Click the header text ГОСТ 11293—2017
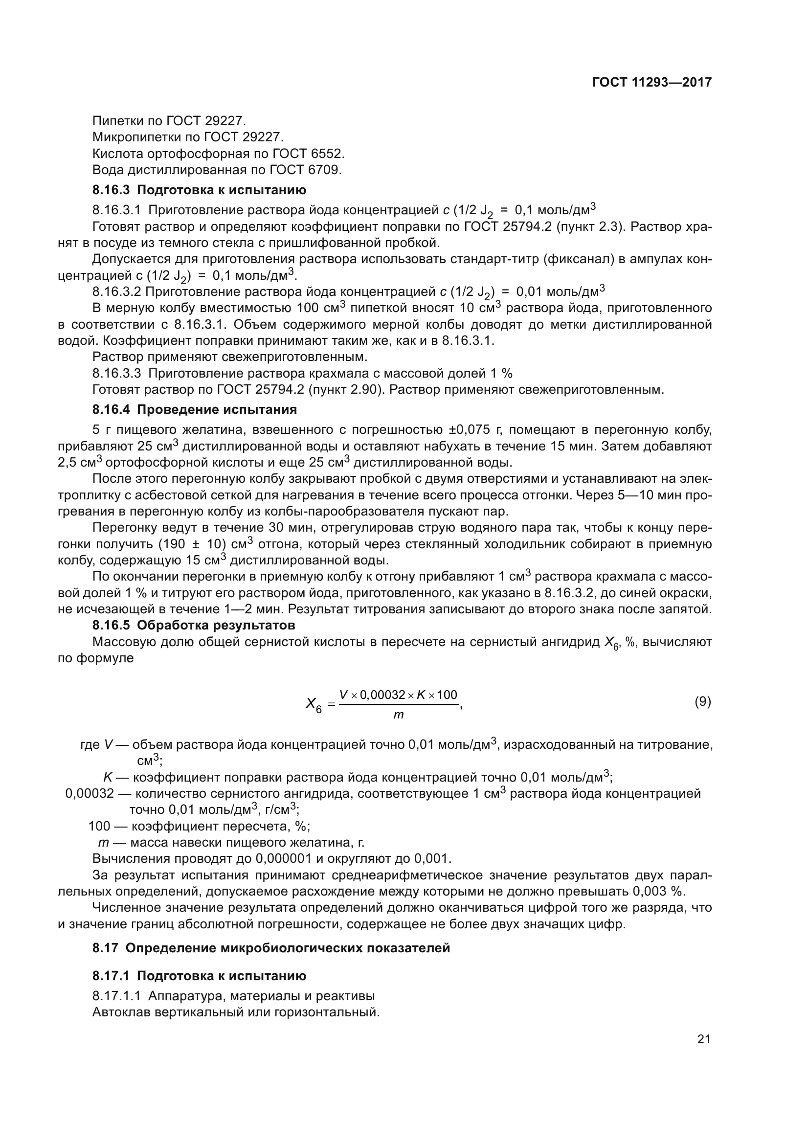click(652, 82)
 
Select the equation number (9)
click(702, 702)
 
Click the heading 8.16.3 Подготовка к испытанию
click(199, 190)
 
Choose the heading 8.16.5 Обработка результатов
click(194, 625)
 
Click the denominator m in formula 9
click(399, 716)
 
